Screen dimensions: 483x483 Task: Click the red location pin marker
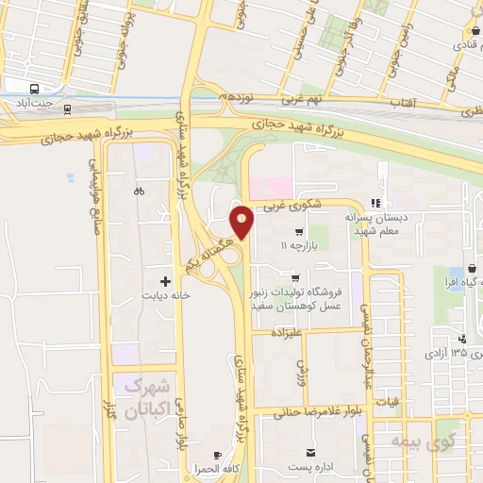pos(242,222)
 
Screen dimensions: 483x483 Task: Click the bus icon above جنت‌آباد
pos(34,88)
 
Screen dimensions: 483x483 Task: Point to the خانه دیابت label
pos(166,294)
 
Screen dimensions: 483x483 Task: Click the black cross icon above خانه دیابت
pos(166,280)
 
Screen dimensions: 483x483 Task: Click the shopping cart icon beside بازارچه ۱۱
pos(299,232)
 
